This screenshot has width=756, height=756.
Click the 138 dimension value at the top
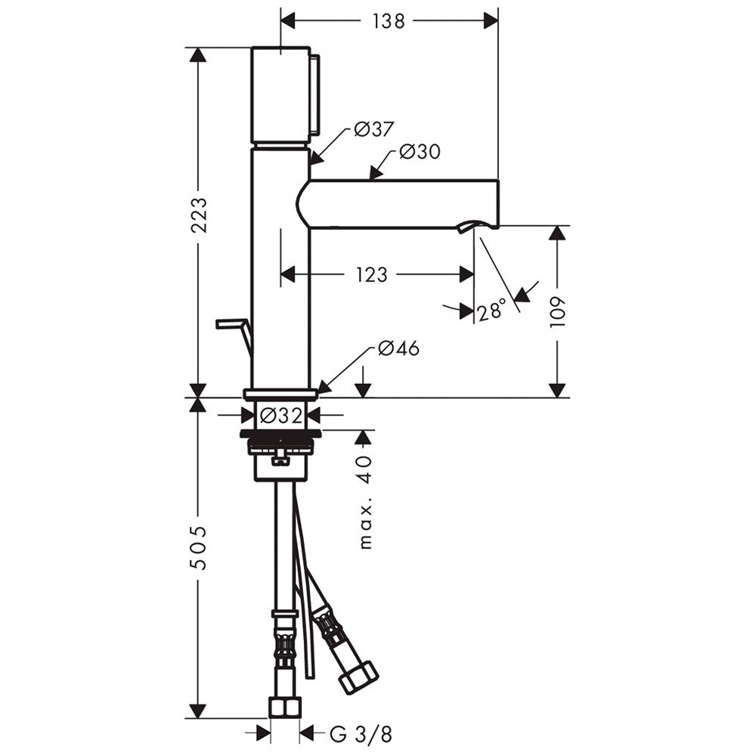(389, 21)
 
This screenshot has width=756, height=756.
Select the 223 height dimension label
(199, 215)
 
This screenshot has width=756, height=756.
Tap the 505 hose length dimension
(199, 547)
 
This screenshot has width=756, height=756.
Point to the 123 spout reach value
(372, 275)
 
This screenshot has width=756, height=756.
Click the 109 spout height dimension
(557, 312)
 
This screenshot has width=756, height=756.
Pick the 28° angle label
(492, 311)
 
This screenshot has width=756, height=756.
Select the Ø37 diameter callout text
(374, 129)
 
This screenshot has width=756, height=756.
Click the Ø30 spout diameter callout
(420, 152)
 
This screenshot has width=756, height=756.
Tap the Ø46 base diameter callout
(398, 348)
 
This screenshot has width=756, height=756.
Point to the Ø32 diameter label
(281, 415)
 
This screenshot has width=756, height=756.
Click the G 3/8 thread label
(361, 734)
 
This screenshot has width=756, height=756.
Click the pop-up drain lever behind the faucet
(235, 333)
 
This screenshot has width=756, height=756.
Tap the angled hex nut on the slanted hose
(358, 678)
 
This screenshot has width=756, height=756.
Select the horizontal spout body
(398, 203)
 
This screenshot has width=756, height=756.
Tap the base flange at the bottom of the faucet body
(280, 395)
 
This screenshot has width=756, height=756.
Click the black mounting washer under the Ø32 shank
(280, 433)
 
